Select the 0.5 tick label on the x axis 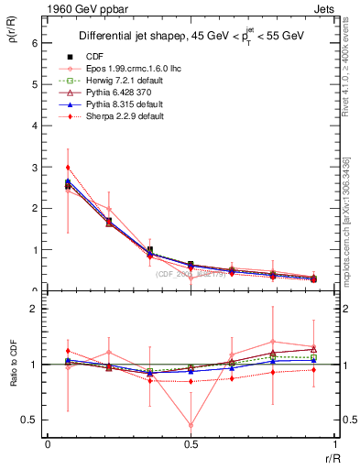pos(191,444)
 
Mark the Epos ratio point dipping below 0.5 pos(191,425)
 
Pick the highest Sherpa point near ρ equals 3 pos(68,168)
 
